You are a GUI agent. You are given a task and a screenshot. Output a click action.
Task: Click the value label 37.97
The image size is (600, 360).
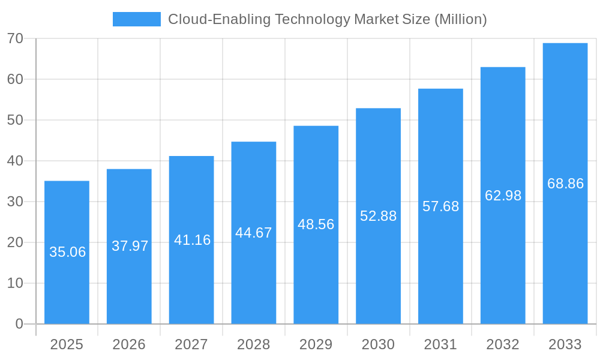click(x=130, y=246)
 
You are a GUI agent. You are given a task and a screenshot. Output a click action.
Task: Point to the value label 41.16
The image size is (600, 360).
click(x=192, y=240)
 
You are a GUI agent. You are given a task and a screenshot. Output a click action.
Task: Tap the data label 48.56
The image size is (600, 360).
click(x=316, y=224)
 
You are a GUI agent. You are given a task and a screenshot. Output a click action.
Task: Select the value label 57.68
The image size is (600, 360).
click(x=440, y=206)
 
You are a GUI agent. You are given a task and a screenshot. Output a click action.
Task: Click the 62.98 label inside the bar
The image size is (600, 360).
click(x=503, y=196)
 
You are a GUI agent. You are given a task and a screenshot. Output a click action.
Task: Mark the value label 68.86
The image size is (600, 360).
click(x=565, y=184)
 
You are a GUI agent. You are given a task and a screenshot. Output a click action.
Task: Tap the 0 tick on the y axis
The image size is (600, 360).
click(x=19, y=324)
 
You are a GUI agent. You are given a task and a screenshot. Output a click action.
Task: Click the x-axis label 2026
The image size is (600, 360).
click(x=129, y=344)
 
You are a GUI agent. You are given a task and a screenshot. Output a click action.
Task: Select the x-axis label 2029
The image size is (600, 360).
click(x=316, y=344)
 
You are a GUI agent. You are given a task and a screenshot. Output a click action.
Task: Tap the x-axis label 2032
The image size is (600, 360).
click(x=503, y=344)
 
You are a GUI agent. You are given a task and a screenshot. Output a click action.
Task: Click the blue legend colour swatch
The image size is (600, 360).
click(x=137, y=19)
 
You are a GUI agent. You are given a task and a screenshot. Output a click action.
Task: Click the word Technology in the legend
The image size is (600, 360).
click(x=311, y=19)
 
